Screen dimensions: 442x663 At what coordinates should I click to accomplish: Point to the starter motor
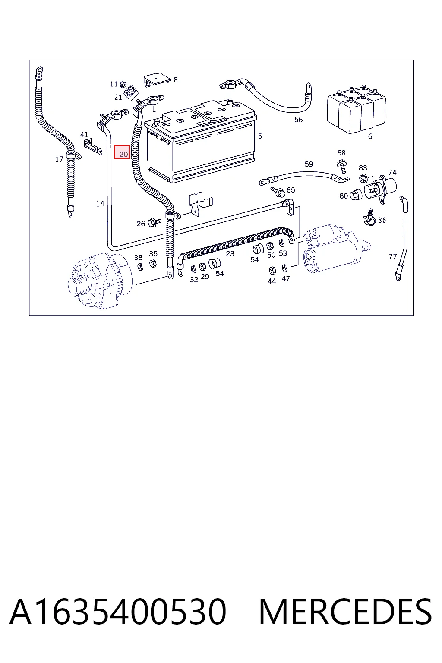pyautogui.click(x=337, y=248)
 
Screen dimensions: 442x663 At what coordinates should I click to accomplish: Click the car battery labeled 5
pyautogui.click(x=200, y=142)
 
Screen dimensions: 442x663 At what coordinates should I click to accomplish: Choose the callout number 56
pyautogui.click(x=298, y=120)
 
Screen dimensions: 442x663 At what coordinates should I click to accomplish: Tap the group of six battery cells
pyautogui.click(x=357, y=110)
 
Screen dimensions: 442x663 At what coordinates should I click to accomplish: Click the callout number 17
pyautogui.click(x=59, y=159)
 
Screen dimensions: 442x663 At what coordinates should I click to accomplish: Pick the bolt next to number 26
pyautogui.click(x=155, y=222)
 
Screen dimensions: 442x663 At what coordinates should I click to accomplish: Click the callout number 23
pyautogui.click(x=230, y=254)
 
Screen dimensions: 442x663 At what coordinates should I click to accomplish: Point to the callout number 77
pyautogui.click(x=392, y=257)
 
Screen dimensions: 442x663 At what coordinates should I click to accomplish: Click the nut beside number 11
pyautogui.click(x=123, y=84)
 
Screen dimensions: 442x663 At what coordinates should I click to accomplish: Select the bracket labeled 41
pyautogui.click(x=93, y=146)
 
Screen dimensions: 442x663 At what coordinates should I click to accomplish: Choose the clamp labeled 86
pyautogui.click(x=370, y=218)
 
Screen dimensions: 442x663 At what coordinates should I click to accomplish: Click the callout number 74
pyautogui.click(x=392, y=172)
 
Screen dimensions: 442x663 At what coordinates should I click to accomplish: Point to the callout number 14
pyautogui.click(x=100, y=204)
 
